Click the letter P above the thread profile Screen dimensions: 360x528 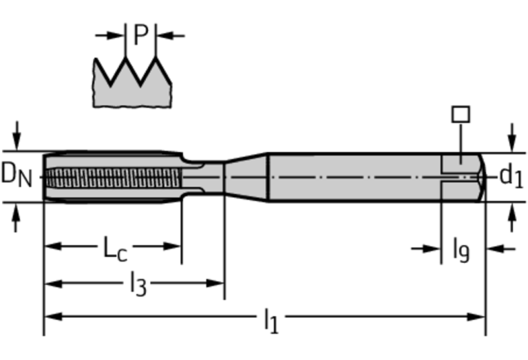pos(140,34)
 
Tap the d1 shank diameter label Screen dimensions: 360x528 pos(511,176)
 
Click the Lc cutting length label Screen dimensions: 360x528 pos(114,247)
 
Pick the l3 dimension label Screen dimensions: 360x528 pos(138,283)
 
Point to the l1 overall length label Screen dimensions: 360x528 pos(271,319)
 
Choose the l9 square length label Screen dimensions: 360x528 pos(461,248)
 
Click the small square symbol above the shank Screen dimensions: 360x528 pos(460,114)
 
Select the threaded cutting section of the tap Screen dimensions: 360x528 pos(110,177)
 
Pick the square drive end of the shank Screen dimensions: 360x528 pos(463,177)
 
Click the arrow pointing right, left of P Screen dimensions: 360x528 pos(110,34)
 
